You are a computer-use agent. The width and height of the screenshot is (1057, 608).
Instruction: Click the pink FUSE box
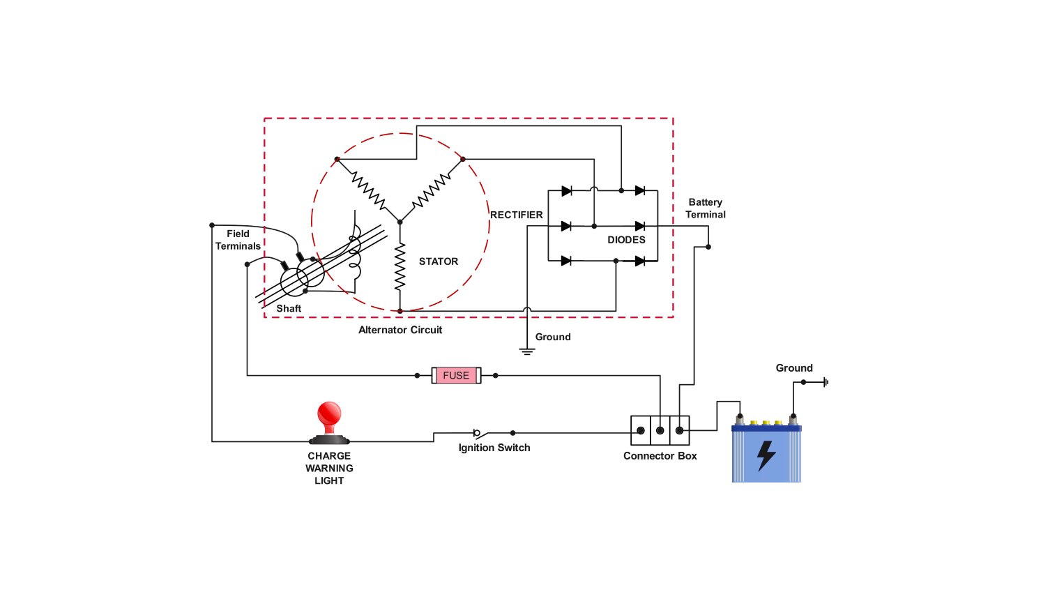(x=456, y=376)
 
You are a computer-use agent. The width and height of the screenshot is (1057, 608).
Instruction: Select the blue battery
(x=766, y=453)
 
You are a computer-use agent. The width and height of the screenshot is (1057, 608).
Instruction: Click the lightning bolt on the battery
(x=766, y=456)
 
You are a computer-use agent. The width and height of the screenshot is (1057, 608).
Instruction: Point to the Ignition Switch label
(x=494, y=448)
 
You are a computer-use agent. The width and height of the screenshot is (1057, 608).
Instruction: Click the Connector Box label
(x=660, y=456)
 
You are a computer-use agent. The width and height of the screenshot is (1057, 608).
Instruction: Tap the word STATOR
(x=439, y=261)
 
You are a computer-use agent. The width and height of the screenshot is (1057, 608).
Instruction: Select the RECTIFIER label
(x=516, y=215)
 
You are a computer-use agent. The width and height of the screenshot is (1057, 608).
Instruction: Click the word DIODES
(x=626, y=240)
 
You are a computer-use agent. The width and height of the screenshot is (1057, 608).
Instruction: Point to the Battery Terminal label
(x=706, y=208)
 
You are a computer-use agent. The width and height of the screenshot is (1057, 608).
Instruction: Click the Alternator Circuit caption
(x=400, y=330)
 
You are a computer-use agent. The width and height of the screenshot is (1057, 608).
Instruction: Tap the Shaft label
(x=289, y=308)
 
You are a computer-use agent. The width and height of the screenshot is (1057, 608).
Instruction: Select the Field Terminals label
(x=238, y=240)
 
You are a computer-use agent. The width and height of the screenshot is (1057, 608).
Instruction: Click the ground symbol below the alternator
(x=527, y=351)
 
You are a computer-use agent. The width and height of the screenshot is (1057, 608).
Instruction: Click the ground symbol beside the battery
(x=826, y=382)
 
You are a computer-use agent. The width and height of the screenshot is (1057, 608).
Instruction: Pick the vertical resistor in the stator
(x=400, y=266)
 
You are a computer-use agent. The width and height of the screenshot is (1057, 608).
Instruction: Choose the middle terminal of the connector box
(x=660, y=431)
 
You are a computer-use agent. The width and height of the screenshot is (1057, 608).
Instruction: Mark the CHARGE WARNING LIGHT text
(x=329, y=468)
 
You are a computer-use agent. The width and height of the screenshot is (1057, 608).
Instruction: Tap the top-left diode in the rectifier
(x=566, y=191)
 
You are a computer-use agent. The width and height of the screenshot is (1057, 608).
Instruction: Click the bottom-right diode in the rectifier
(x=639, y=261)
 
